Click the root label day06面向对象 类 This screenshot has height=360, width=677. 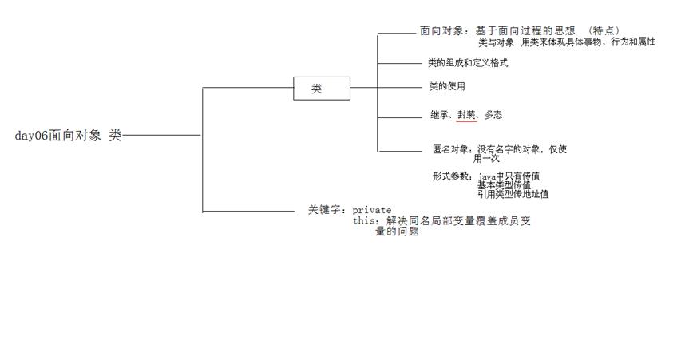[x=69, y=136]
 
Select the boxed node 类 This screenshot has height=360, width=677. [x=322, y=89]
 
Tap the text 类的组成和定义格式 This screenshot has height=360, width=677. [x=468, y=63]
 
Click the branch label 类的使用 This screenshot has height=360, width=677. [x=447, y=86]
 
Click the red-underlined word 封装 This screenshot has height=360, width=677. [x=467, y=115]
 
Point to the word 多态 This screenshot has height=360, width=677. [x=493, y=115]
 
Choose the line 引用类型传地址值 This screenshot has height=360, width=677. [x=513, y=194]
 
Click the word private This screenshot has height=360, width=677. [x=372, y=210]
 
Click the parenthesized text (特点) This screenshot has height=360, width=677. [x=605, y=30]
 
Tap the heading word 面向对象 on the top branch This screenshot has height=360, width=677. [x=438, y=31]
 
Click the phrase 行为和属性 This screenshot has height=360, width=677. [x=633, y=42]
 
